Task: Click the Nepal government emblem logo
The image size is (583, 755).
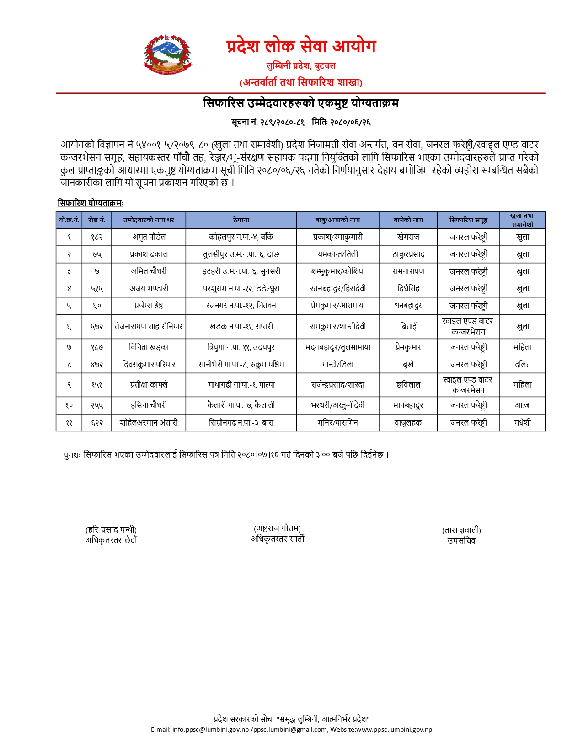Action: [167, 54]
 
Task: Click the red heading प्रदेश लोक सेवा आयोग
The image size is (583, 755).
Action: [301, 46]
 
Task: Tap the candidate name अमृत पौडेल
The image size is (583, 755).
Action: [149, 237]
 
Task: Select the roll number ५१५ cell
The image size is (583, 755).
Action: [96, 289]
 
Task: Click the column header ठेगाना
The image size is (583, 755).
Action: [241, 220]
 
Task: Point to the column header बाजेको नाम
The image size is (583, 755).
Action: [408, 220]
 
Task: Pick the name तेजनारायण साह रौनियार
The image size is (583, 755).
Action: [149, 326]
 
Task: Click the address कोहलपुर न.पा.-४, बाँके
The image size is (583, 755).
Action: [241, 237]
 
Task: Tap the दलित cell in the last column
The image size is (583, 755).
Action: [522, 365]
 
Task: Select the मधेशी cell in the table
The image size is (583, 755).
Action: [522, 422]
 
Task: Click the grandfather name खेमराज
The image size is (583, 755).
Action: [408, 237]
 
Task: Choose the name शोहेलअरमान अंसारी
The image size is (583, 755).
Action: [149, 422]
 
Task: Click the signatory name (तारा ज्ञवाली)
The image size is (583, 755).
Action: [461, 530]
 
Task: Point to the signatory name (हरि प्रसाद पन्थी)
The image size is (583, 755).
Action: [111, 530]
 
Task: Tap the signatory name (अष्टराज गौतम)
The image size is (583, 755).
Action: [277, 528]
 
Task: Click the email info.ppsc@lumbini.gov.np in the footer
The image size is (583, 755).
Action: [210, 729]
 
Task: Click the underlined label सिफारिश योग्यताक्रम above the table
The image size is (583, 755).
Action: [90, 203]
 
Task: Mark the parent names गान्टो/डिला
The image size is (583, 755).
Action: [337, 365]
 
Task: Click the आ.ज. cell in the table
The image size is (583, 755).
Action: [522, 405]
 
